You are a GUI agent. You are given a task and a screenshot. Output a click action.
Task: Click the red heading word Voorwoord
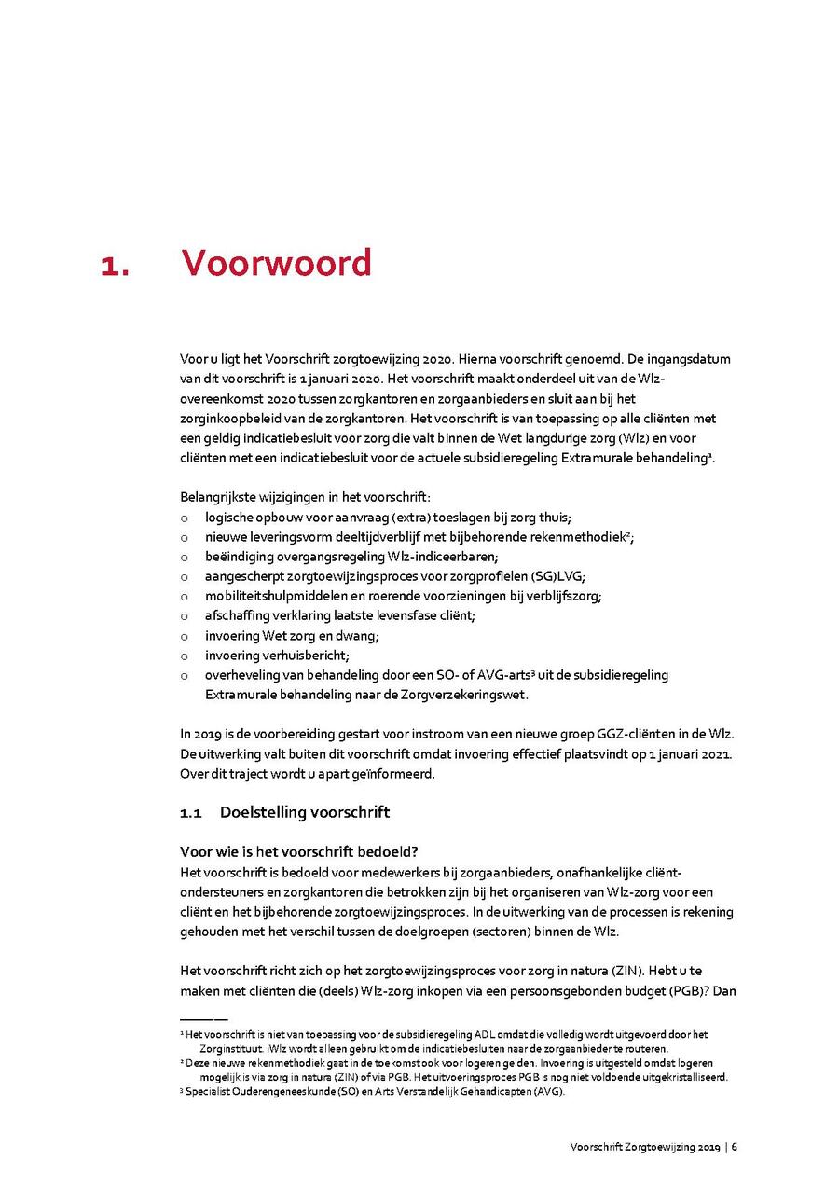(x=276, y=263)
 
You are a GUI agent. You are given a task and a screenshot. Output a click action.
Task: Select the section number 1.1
(x=191, y=812)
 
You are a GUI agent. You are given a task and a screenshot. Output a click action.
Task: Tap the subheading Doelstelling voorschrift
(x=304, y=812)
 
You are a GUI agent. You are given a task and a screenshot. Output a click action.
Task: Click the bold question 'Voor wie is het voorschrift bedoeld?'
(x=298, y=852)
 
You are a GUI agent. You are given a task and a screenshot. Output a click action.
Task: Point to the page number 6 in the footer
(x=735, y=1147)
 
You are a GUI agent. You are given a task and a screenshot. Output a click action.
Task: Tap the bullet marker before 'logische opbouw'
(x=184, y=518)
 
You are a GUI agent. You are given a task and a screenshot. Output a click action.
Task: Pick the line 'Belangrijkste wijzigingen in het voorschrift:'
(x=305, y=497)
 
